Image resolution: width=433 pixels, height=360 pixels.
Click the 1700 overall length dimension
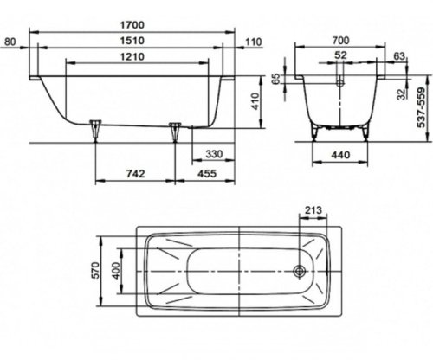tap(132, 25)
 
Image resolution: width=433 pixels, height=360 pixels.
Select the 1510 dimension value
tap(132, 41)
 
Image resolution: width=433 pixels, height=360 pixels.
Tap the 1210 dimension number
tap(132, 56)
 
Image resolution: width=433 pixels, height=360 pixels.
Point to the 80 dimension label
tap(10, 42)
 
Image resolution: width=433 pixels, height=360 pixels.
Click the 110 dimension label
tap(253, 42)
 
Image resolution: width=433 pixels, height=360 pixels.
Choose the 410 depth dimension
tap(255, 101)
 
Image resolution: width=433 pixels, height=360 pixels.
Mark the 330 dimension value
tap(214, 154)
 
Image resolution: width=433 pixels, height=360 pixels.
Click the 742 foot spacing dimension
tap(135, 174)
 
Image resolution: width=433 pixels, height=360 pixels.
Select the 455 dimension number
tap(207, 174)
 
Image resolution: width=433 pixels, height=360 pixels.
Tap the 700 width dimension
tap(340, 41)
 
